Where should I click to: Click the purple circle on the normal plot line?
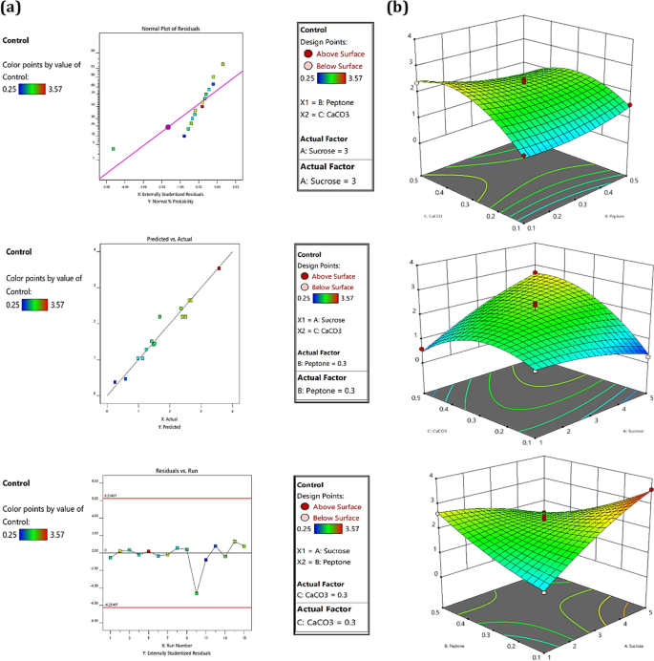pos(169,127)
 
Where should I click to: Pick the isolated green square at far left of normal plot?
pos(113,149)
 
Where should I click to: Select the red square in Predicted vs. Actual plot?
pos(219,268)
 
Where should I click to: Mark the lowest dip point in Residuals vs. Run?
pos(196,593)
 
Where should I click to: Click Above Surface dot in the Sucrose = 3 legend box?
pos(307,54)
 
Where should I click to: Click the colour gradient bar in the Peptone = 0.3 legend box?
pos(329,297)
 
